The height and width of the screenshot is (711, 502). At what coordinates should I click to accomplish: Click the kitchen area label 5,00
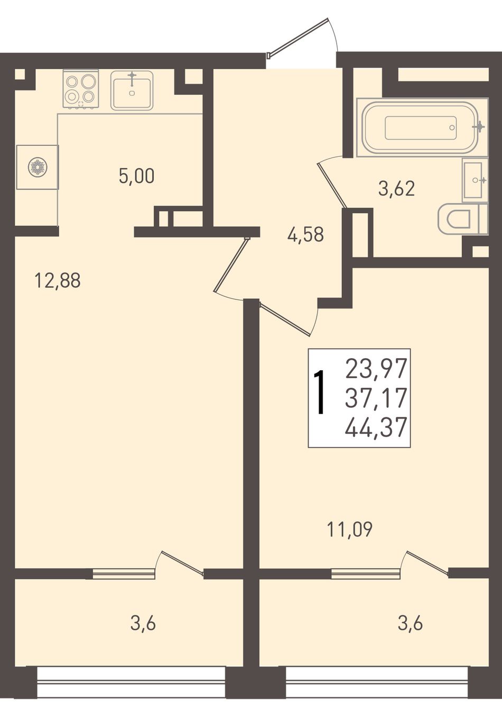pyautogui.click(x=136, y=176)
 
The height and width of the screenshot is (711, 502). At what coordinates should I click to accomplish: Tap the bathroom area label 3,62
pyautogui.click(x=397, y=189)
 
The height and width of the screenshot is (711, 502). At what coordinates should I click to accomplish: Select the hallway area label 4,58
pyautogui.click(x=305, y=235)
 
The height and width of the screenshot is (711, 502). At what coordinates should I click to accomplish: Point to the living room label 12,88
pyautogui.click(x=58, y=281)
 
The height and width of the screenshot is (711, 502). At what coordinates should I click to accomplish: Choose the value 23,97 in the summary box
pyautogui.click(x=376, y=368)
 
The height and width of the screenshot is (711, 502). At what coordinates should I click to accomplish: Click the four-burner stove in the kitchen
pyautogui.click(x=81, y=89)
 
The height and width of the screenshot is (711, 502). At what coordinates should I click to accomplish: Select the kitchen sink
pyautogui.click(x=132, y=90)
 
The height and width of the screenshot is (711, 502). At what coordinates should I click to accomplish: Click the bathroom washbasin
pyautogui.click(x=475, y=180)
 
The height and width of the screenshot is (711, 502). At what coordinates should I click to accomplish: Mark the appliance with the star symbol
pyautogui.click(x=38, y=167)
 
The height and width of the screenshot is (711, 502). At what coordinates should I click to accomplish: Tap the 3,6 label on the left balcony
pyautogui.click(x=143, y=624)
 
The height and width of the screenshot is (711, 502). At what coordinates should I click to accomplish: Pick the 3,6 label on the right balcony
pyautogui.click(x=410, y=624)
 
